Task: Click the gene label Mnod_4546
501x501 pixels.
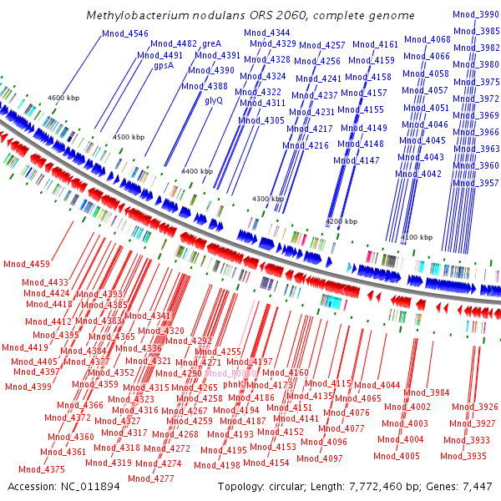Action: click(124, 33)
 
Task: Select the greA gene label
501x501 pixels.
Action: click(210, 43)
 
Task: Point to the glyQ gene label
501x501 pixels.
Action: click(214, 99)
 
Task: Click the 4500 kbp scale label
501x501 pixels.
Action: click(128, 136)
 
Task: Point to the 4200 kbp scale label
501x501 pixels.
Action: click(341, 221)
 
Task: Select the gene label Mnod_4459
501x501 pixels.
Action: click(27, 265)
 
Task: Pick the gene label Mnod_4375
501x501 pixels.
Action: click(42, 469)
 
